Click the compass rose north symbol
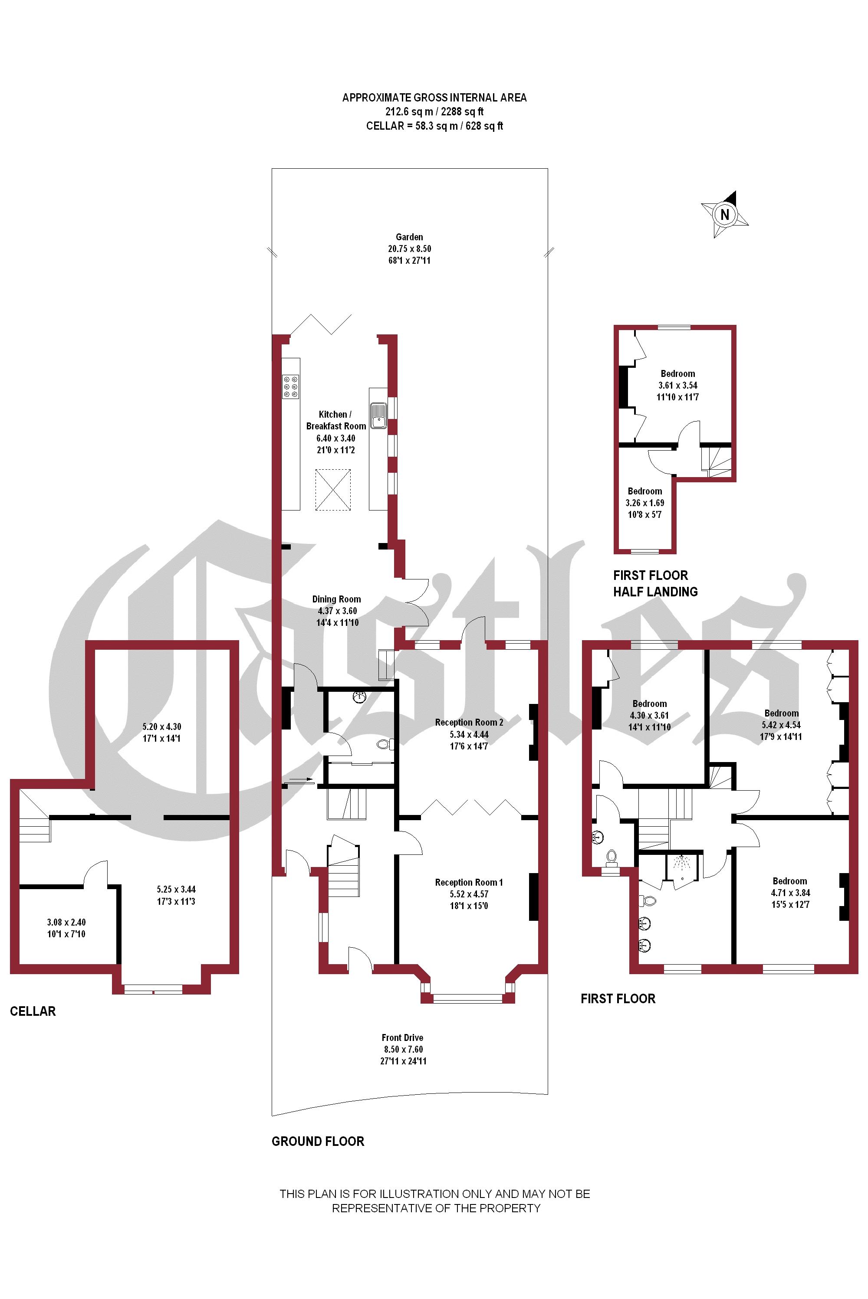[725, 214]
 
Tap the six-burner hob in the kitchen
[291, 387]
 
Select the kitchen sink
[378, 415]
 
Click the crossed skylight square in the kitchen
[333, 490]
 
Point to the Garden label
[410, 237]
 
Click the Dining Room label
[337, 599]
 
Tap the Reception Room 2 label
[469, 723]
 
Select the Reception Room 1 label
[469, 883]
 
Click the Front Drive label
[402, 1038]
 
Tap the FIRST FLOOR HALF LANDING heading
[655, 584]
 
